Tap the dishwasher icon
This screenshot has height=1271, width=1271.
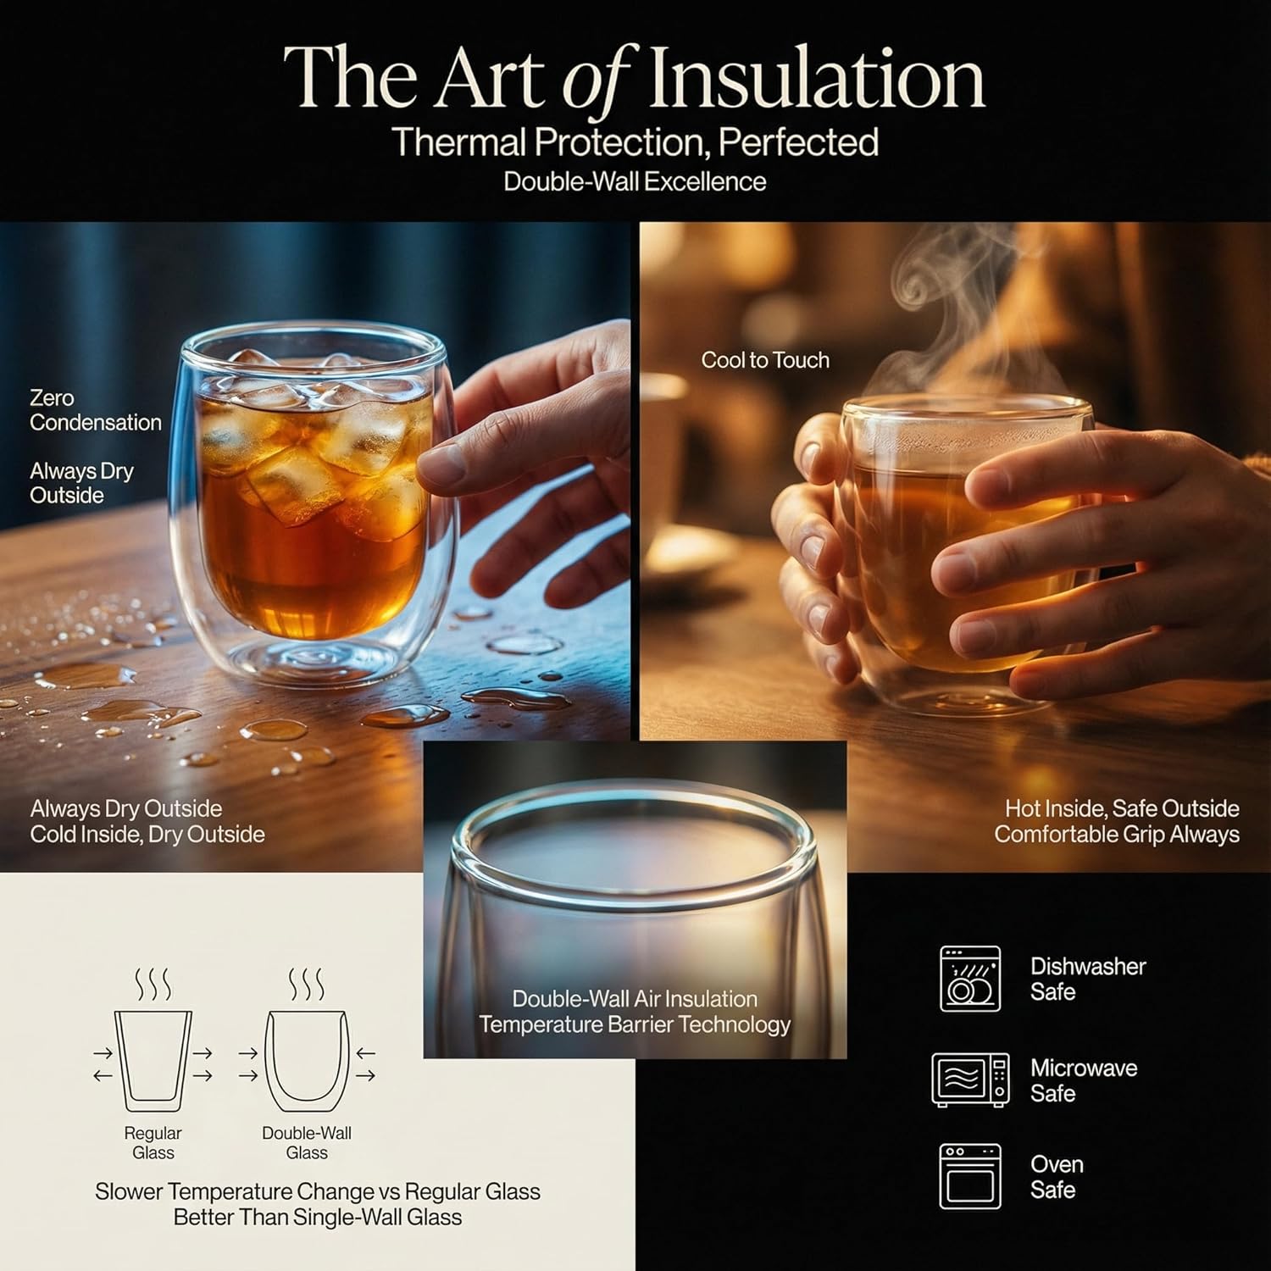pos(970,979)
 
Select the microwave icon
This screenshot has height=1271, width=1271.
pos(970,1080)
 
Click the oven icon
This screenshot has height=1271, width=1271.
pos(970,1176)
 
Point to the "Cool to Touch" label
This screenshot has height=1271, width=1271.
pos(765,360)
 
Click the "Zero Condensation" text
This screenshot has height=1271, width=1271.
pos(95,410)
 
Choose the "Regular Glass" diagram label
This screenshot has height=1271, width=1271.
pos(153,1143)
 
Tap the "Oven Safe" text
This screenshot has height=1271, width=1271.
pos(1057,1177)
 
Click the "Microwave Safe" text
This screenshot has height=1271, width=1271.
pos(1084,1080)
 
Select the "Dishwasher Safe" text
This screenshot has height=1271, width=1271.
pos(1088,979)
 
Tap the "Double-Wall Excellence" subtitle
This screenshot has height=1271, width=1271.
pos(635,181)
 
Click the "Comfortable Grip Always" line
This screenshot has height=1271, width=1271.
pos(1117,835)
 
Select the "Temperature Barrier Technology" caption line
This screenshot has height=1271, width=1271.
pos(635,1024)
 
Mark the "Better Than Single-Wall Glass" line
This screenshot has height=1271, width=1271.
pos(318,1218)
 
